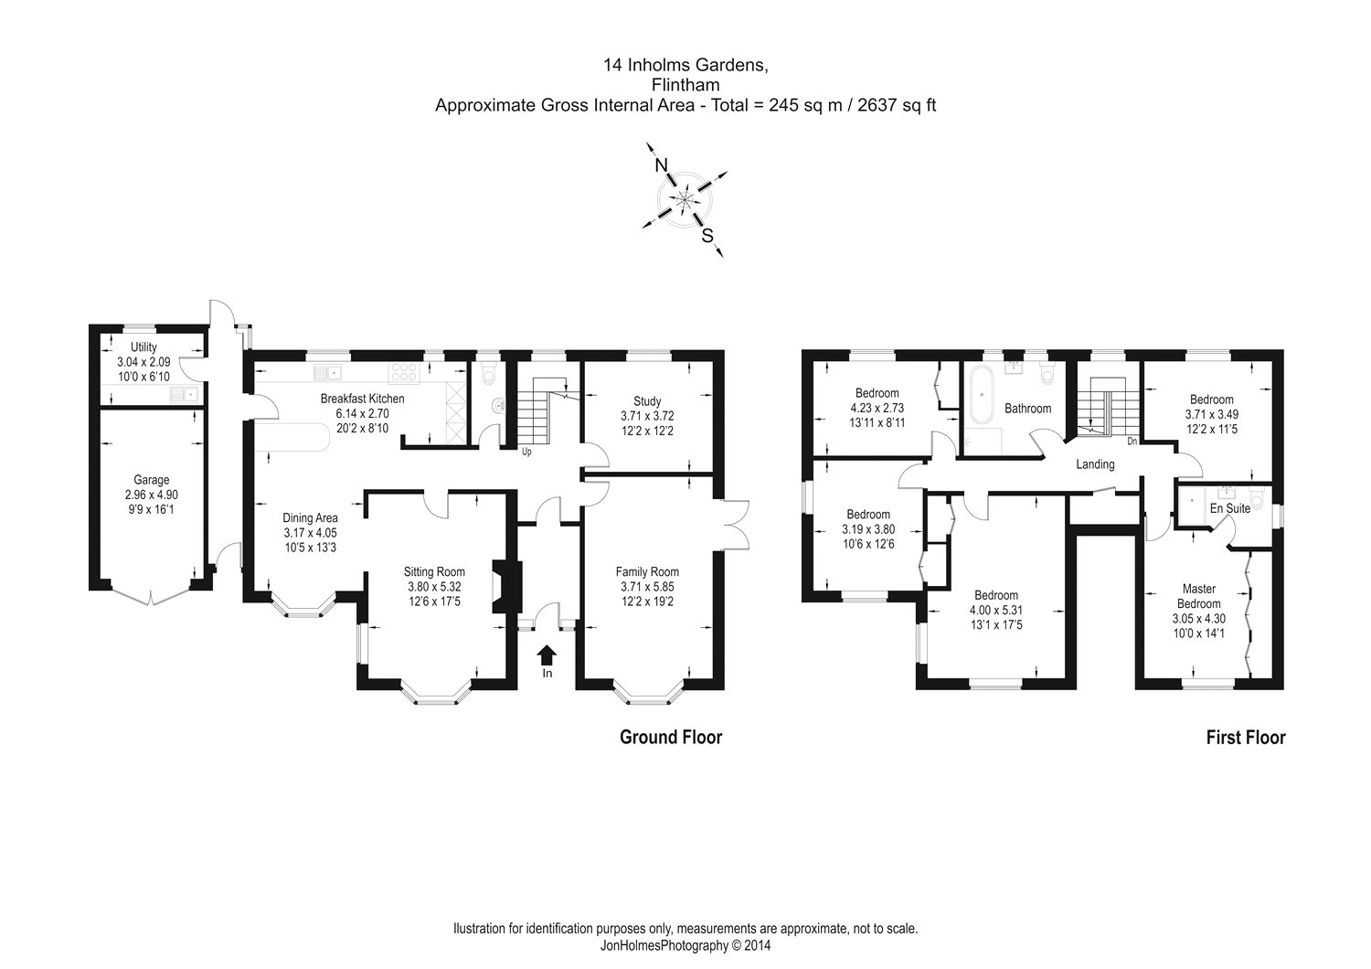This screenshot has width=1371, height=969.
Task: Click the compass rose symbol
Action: coord(685,198)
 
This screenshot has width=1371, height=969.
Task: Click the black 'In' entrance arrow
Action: coord(547,655)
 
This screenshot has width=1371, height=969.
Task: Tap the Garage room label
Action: coord(151,480)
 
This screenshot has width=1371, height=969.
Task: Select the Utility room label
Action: coord(143,347)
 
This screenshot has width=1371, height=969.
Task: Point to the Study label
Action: coord(647,401)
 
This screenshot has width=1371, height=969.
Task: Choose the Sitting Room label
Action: coord(436,573)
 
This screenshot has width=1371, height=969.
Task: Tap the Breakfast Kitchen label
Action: coord(362,399)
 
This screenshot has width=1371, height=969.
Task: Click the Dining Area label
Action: coord(310,518)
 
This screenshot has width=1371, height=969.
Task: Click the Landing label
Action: coord(1095,464)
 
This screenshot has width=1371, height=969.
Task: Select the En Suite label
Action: coord(1229,508)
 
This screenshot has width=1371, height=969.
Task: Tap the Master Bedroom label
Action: coord(1198,596)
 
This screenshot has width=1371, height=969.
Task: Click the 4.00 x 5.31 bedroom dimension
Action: coord(995,610)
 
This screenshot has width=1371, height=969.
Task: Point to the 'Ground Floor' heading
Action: coord(671,737)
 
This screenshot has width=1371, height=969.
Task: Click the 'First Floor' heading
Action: coord(1246,738)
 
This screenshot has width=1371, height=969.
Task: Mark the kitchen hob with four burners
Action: coord(403,371)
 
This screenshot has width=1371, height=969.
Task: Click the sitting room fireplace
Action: coord(505,586)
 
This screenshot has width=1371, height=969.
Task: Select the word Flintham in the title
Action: coord(685,85)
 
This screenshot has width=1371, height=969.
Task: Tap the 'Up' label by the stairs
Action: coord(527,452)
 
